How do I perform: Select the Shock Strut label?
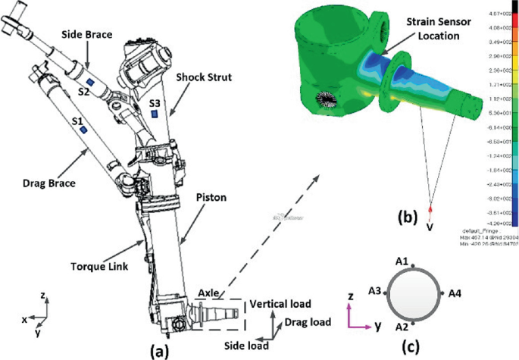[x=202, y=77]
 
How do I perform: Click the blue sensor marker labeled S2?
[x=90, y=80]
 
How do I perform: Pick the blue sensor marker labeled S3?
[x=154, y=114]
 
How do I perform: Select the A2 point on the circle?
[x=414, y=321]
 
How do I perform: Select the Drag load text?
[x=307, y=322]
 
